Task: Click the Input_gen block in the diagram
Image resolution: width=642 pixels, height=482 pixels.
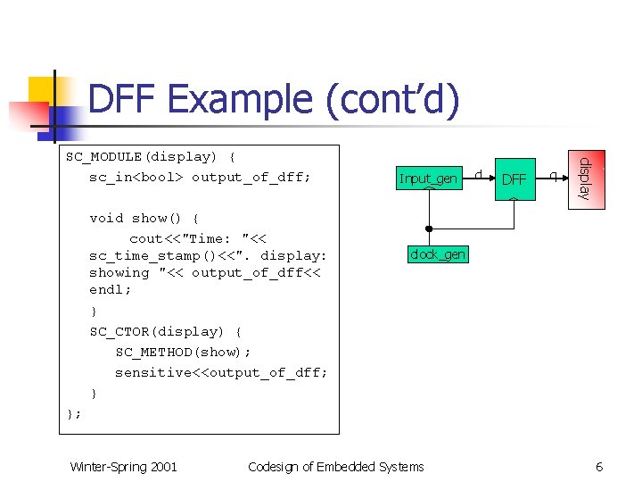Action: (x=428, y=179)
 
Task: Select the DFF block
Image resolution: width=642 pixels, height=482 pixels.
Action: (x=514, y=179)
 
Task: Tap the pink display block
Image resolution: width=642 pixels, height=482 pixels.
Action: (x=586, y=179)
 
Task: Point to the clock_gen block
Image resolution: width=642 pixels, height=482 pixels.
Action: (x=437, y=254)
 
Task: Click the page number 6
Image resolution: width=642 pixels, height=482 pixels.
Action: (x=599, y=467)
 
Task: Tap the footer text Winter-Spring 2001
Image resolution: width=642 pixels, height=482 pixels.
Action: (x=123, y=467)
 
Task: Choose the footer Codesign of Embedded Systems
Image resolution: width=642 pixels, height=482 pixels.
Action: (x=336, y=467)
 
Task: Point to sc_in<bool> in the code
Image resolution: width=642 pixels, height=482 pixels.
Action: (x=136, y=177)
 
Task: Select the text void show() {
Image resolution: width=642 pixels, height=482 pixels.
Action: (x=144, y=218)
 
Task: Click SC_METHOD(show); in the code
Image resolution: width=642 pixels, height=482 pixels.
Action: (x=177, y=352)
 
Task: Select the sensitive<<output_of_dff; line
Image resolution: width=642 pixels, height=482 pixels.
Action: (x=221, y=372)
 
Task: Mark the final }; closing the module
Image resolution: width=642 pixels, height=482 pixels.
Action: (x=74, y=413)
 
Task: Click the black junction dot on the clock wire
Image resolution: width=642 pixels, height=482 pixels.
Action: (x=429, y=229)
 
